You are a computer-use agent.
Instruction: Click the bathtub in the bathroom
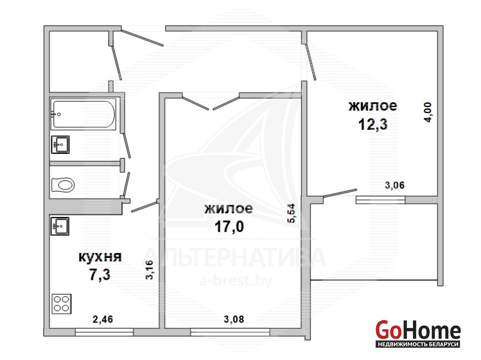[83, 114]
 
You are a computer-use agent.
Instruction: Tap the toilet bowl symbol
[63, 185]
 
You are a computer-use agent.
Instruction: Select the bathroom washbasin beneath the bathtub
[60, 144]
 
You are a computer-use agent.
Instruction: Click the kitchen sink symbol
[60, 226]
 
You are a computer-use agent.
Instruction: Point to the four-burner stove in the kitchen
[62, 304]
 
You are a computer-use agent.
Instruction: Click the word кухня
[100, 257]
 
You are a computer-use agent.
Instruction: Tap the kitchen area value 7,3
[100, 274]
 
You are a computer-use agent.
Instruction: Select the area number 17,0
[229, 227]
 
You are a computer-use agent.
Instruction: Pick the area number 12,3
[373, 124]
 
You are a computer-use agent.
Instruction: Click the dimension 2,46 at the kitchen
[103, 319]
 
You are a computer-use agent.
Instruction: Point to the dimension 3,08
[234, 319]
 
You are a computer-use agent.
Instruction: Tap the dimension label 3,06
[395, 185]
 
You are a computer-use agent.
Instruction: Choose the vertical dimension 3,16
[150, 270]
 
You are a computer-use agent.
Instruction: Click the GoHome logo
[418, 333]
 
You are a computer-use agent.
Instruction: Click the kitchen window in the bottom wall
[104, 332]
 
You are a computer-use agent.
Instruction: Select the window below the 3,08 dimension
[230, 332]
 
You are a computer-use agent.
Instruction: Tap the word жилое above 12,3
[373, 106]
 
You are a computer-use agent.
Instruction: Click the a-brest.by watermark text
[235, 281]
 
